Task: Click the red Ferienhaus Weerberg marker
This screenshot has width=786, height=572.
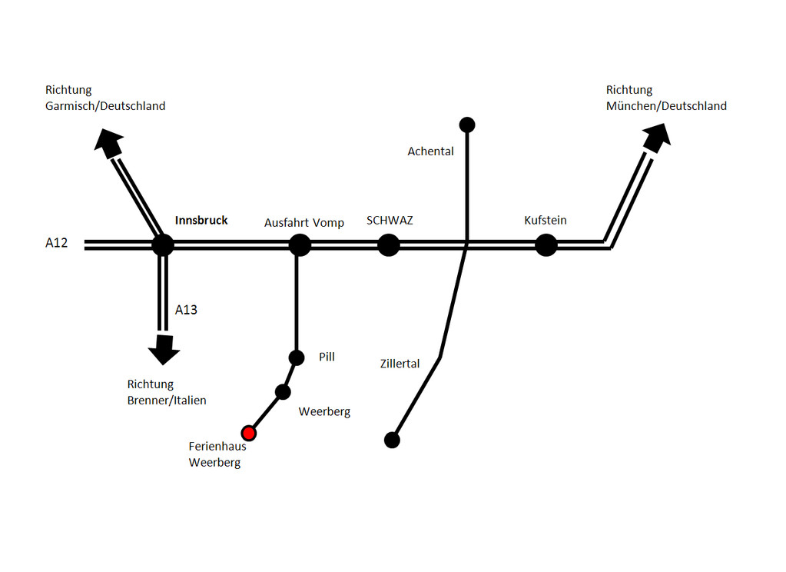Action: pos(248,433)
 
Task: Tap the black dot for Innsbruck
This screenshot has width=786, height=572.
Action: pos(163,244)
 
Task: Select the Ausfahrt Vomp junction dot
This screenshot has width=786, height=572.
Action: pos(300,244)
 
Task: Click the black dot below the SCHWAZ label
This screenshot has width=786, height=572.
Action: pos(389,245)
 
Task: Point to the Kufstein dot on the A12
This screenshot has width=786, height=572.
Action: pos(546,245)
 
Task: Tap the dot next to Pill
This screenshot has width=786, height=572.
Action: pos(297,357)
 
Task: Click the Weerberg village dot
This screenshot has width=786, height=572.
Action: pos(283,392)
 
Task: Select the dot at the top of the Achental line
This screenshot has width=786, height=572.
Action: pos(466,125)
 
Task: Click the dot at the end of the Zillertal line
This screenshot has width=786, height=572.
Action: pos(392,440)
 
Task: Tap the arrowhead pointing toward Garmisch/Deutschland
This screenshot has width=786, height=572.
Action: pos(108,141)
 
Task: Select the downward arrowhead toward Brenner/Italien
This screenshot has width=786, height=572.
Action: pos(164,350)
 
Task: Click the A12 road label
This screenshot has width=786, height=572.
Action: pos(57,243)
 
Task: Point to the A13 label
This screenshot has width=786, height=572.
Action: pos(186,310)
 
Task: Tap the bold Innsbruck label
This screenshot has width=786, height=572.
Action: pos(201,221)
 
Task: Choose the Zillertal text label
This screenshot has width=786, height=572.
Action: pos(400,364)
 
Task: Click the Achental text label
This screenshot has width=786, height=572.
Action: pos(430,151)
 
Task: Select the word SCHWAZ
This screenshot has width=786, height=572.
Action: pos(390,221)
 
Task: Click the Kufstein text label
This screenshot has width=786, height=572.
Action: pos(546,221)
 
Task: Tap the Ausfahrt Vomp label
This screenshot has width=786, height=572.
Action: pos(304,223)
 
